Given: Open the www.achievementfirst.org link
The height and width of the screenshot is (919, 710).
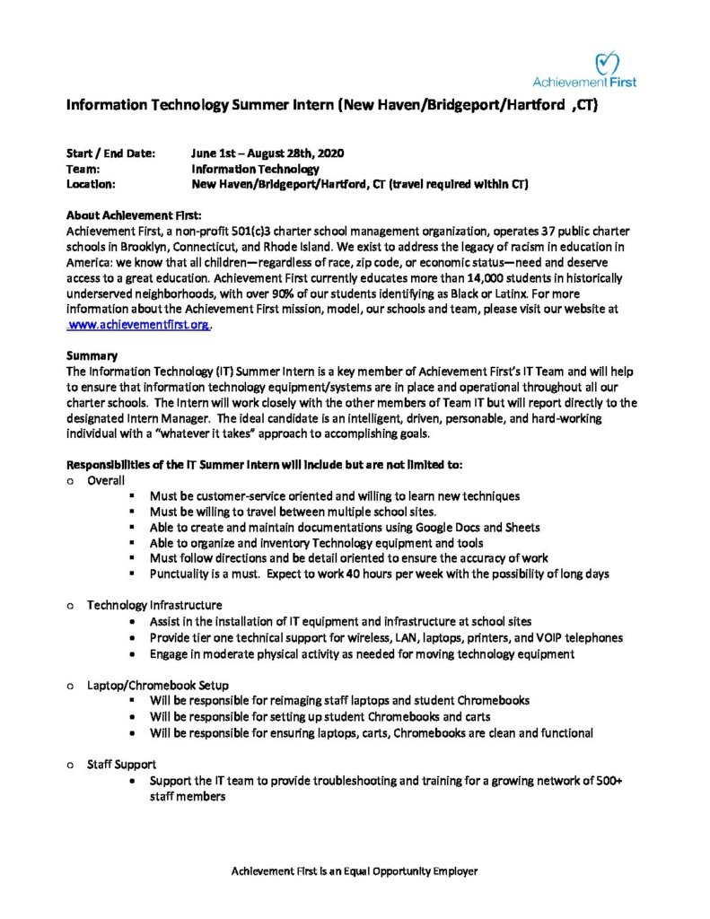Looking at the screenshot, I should tap(140, 326).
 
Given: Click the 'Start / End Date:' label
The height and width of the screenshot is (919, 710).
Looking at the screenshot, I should tap(111, 153).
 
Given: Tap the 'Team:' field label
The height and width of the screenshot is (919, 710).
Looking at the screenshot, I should tap(83, 169).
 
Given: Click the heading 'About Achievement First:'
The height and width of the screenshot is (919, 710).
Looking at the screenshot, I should tap(135, 214).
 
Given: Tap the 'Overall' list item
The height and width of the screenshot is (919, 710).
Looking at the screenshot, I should tap(105, 480).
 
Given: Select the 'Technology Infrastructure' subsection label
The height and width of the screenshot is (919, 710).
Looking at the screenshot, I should tap(154, 605).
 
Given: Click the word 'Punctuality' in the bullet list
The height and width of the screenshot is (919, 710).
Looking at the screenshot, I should tap(180, 573).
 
